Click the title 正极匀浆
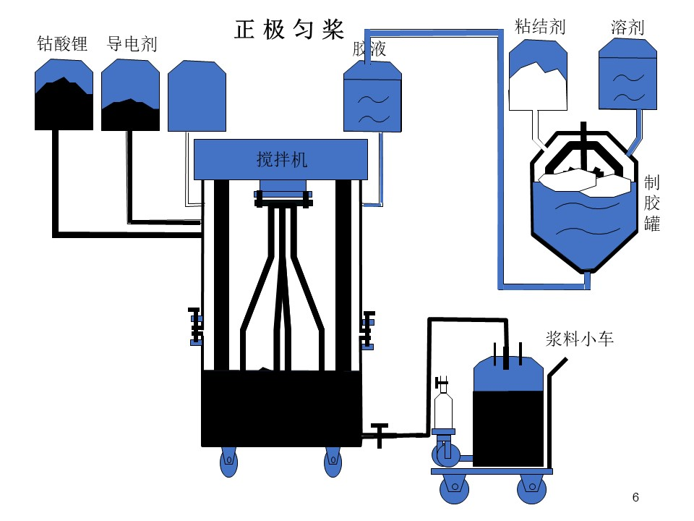289,30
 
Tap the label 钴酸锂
62,43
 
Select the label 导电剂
132,44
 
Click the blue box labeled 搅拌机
280,159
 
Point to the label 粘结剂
540,27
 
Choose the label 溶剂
627,27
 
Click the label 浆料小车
579,339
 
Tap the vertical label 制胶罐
651,203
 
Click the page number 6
635,497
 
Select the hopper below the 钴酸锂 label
64,95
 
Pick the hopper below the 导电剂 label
131,95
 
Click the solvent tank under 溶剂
627,74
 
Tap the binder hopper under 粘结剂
538,75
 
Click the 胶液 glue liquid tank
373,96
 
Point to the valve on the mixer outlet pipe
380,435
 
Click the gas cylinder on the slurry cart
443,407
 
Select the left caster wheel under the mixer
229,462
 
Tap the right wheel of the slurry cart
531,488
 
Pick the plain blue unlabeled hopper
197,96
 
